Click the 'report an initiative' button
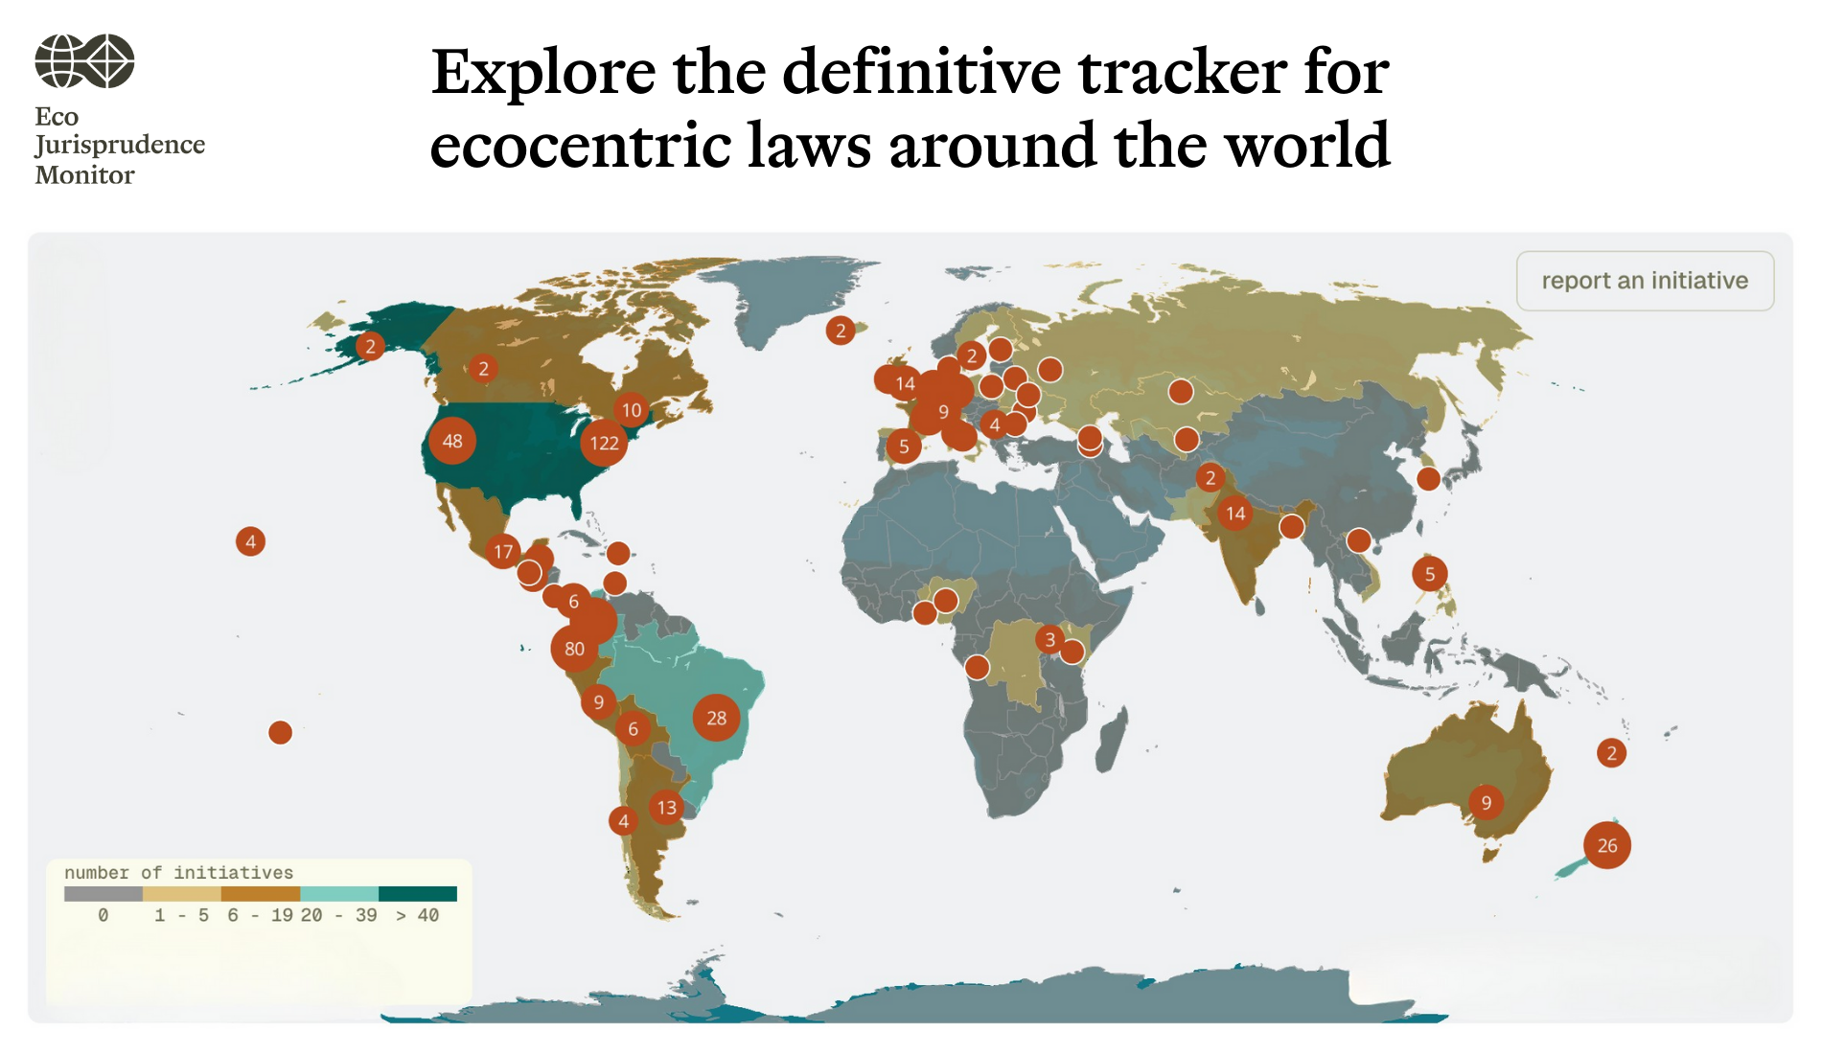click(x=1645, y=281)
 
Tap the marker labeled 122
click(x=604, y=443)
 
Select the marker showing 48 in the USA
click(x=452, y=441)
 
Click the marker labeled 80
click(x=574, y=649)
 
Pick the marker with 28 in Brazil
click(x=717, y=718)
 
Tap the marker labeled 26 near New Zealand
click(x=1607, y=845)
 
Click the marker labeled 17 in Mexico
click(x=503, y=552)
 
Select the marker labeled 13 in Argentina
click(x=667, y=807)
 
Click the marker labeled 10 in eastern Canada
click(x=632, y=410)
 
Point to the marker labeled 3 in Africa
click(x=1049, y=639)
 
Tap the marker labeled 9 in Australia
click(x=1486, y=802)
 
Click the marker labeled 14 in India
click(x=1235, y=514)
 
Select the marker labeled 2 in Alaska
click(x=370, y=346)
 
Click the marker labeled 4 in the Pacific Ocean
click(x=250, y=541)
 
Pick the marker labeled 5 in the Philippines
click(x=1429, y=574)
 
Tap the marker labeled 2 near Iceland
click(x=841, y=331)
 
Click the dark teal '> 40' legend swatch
click(x=418, y=894)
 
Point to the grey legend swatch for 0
click(x=103, y=894)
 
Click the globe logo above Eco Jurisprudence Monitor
click(x=84, y=61)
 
